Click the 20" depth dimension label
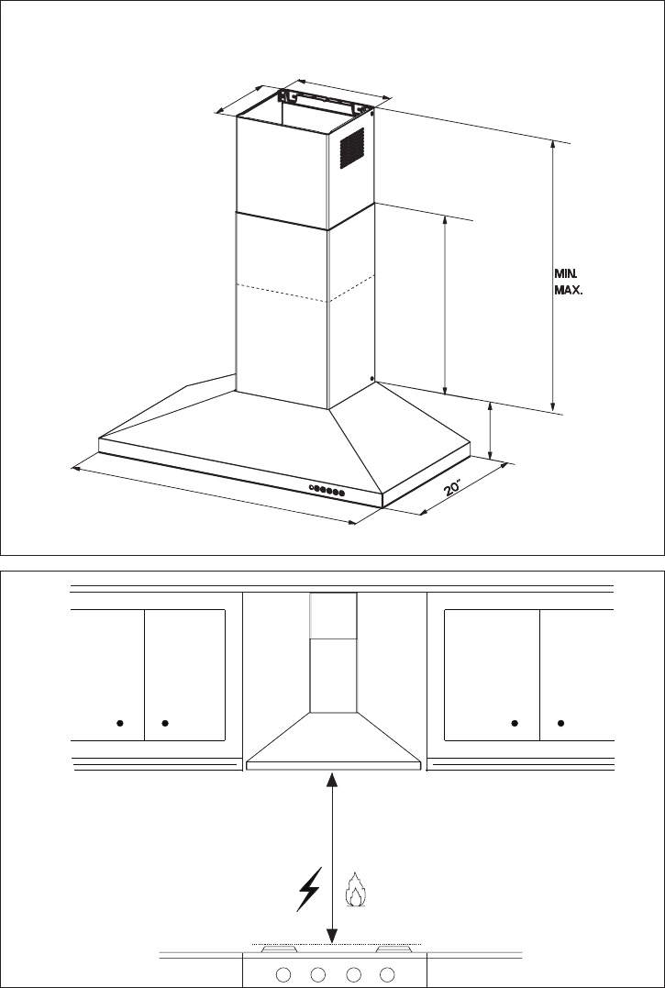(x=453, y=488)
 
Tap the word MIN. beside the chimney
(x=566, y=274)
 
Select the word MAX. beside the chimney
(x=568, y=291)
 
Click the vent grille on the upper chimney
(x=352, y=148)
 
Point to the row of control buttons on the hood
(x=327, y=490)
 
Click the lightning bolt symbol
(x=309, y=888)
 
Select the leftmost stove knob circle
(x=283, y=974)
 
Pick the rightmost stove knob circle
(x=388, y=974)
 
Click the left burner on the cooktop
(x=280, y=949)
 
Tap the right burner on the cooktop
(x=394, y=949)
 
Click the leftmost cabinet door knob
(x=119, y=723)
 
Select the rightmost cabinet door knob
(x=561, y=723)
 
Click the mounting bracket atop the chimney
(x=324, y=101)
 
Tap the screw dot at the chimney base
(x=372, y=379)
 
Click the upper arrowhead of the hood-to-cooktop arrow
(x=332, y=780)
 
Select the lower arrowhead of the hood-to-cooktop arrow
(x=332, y=937)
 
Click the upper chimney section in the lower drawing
(x=333, y=616)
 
